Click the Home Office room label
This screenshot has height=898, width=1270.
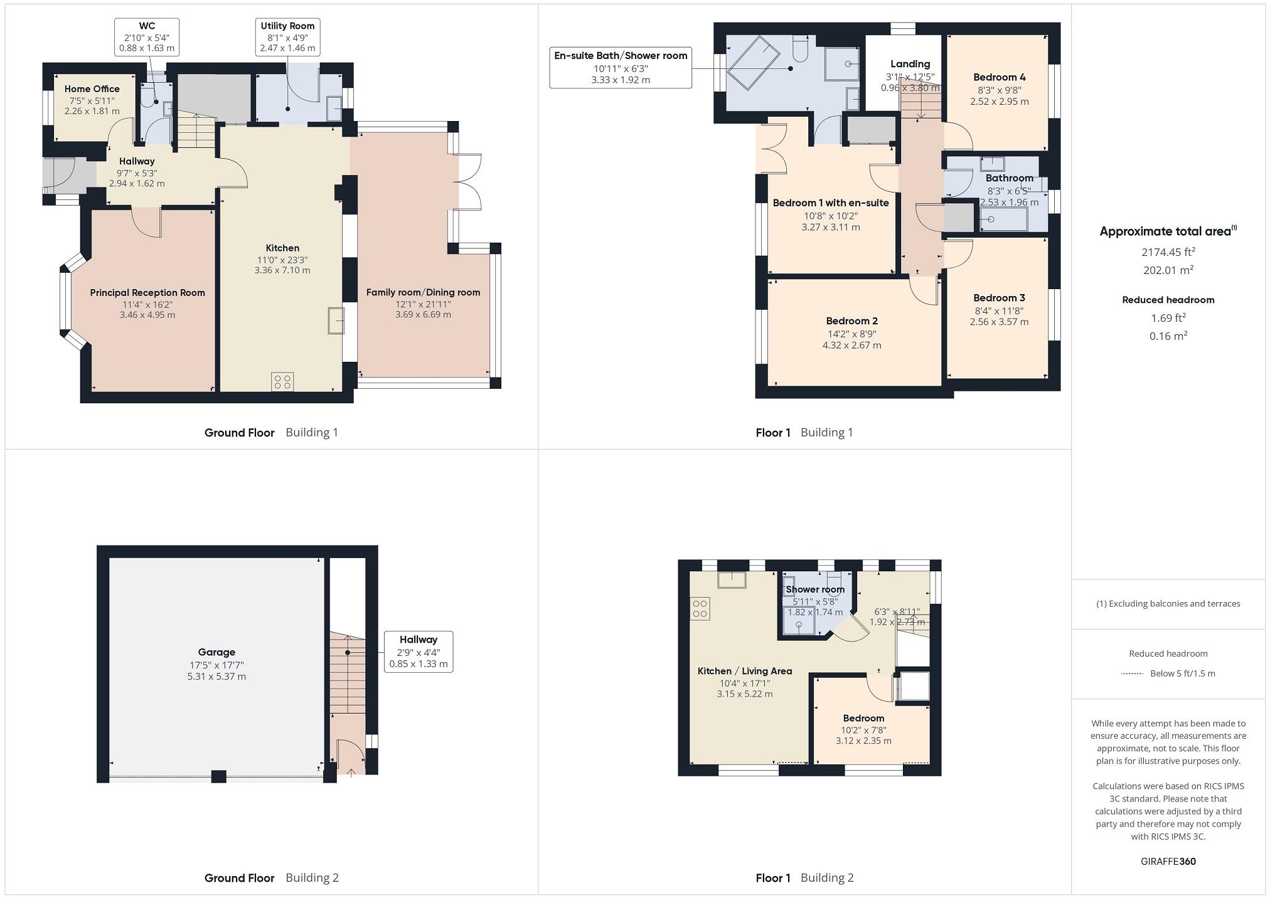(92, 89)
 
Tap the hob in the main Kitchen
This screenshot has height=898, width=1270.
(282, 382)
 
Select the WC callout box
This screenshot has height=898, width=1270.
(147, 37)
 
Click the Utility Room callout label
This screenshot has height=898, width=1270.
(287, 37)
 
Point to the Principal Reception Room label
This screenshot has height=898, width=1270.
(147, 293)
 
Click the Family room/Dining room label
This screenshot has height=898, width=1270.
(423, 292)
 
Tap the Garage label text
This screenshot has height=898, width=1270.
(216, 652)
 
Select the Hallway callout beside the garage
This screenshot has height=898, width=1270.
(418, 652)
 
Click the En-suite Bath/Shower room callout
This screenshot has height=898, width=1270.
(621, 67)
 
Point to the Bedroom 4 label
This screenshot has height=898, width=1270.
(999, 77)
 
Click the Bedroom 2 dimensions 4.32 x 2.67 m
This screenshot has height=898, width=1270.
(851, 346)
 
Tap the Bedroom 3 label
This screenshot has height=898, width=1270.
(999, 298)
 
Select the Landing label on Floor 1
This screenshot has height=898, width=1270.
(910, 64)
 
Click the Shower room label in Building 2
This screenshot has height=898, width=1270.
(814, 589)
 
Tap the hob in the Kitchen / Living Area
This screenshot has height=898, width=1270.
(700, 609)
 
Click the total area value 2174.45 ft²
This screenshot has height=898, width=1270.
(1168, 252)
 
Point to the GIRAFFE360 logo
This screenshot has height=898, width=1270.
(1168, 861)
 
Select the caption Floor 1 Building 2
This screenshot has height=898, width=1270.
(804, 877)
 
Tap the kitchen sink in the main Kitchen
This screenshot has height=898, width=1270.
(336, 320)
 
